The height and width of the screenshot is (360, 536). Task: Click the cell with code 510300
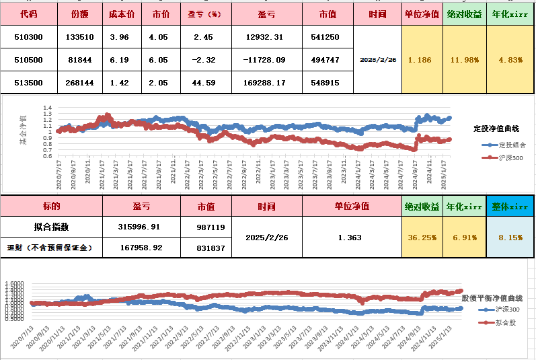click(28, 37)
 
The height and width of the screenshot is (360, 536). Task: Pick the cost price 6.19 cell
click(121, 60)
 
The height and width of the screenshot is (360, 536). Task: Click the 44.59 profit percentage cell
click(204, 83)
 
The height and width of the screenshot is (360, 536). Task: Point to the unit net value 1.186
click(421, 60)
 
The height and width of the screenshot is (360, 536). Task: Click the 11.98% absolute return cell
click(465, 60)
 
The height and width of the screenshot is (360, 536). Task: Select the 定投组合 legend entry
click(508, 144)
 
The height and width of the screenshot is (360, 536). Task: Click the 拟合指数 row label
click(51, 227)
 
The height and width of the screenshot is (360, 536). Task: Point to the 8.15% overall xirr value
click(510, 238)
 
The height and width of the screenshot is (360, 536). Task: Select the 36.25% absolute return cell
click(421, 238)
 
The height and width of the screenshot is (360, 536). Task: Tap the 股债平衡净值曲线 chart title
click(492, 297)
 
